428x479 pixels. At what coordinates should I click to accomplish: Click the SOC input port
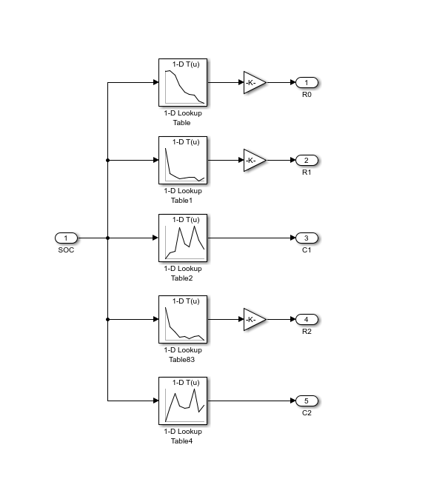(67, 238)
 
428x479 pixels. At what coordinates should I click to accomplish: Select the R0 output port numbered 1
(307, 82)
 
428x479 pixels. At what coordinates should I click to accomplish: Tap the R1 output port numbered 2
(307, 160)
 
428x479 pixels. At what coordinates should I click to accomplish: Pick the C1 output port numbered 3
(307, 238)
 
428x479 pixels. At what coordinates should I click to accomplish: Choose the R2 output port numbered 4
(307, 319)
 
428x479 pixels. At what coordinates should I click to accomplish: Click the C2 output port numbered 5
(307, 401)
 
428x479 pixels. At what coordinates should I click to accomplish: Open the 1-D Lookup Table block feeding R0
(183, 82)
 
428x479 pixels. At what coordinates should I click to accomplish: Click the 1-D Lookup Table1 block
(183, 160)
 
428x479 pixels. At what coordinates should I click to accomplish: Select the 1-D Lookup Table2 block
(183, 238)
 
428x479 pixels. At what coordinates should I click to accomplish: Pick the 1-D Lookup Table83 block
(183, 319)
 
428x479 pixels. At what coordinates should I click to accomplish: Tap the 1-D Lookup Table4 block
(183, 401)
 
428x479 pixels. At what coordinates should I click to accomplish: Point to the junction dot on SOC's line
(107, 238)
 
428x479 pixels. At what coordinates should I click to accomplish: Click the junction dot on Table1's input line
(107, 160)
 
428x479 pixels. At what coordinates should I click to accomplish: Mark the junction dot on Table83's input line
(107, 319)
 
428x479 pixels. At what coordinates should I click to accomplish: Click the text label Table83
(181, 360)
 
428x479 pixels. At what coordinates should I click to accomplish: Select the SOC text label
(66, 250)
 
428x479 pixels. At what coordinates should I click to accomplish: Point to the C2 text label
(307, 412)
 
